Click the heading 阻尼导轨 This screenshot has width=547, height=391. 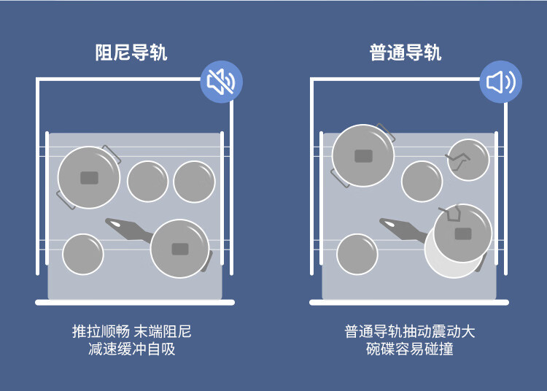[131, 53]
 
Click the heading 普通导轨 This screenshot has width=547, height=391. [406, 53]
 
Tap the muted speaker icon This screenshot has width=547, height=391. [221, 82]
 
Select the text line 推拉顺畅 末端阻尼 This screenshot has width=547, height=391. [131, 331]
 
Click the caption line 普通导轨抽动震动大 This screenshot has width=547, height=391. [410, 331]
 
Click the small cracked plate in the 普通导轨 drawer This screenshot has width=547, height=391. [468, 160]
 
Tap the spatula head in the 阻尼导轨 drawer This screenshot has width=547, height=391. [118, 224]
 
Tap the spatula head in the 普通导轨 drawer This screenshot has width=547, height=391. [392, 224]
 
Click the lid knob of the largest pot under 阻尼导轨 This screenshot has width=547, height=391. [89, 178]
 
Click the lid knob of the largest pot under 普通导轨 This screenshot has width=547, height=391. [363, 155]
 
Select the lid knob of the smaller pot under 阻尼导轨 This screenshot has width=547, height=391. [180, 249]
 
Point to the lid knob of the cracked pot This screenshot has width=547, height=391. [463, 233]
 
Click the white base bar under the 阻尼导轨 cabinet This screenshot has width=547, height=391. [135, 302]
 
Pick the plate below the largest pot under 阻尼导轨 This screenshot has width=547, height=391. [82, 254]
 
